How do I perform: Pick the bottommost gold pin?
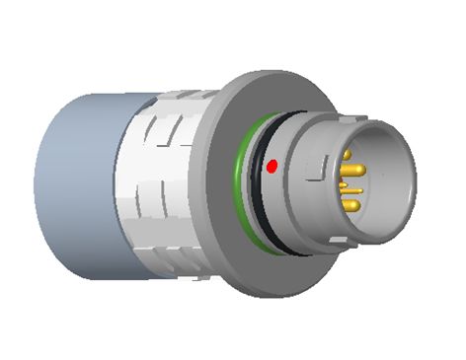[x=351, y=204]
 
